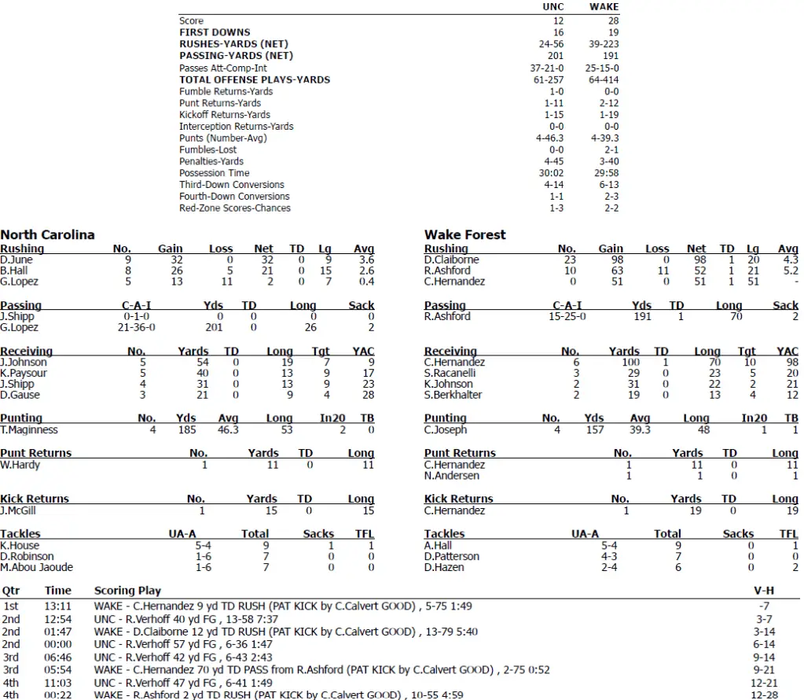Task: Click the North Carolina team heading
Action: tap(47, 234)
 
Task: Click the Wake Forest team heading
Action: tap(465, 234)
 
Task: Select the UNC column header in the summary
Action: tap(553, 7)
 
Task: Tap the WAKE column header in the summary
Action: tap(604, 7)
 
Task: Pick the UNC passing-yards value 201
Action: tap(556, 56)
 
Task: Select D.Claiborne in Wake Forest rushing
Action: tap(451, 260)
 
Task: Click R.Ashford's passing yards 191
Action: tap(642, 316)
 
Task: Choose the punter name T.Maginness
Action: tap(29, 429)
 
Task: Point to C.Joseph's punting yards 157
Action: tap(595, 429)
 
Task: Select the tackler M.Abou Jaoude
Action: tap(36, 567)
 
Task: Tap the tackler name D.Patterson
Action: tap(451, 556)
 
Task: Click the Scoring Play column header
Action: tap(127, 591)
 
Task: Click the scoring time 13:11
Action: tap(58, 606)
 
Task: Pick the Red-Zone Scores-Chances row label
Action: tap(235, 208)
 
